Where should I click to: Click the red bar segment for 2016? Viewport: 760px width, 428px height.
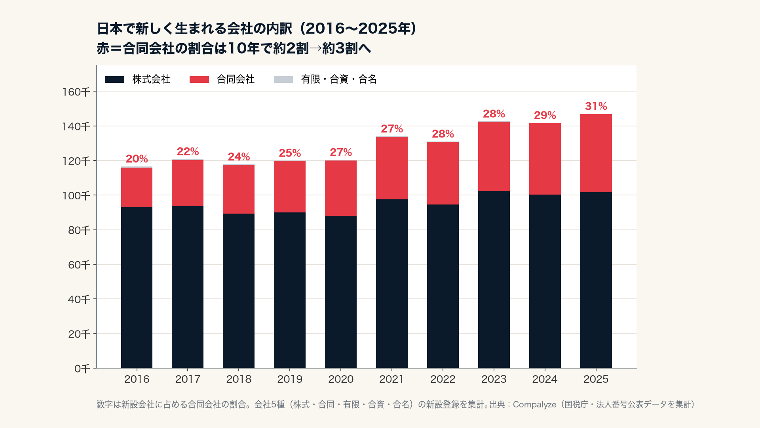pos(137,187)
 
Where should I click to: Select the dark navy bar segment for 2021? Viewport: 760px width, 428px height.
pos(392,284)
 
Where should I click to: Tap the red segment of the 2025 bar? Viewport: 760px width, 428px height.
pos(596,153)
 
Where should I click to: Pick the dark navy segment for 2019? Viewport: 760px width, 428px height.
pos(290,290)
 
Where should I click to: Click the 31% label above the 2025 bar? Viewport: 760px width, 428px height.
pos(596,106)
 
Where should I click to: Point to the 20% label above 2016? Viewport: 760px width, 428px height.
pos(137,159)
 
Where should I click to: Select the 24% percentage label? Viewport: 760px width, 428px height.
pos(239,157)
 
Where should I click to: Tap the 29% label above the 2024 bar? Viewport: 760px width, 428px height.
pos(545,115)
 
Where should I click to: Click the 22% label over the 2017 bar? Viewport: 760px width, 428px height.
pos(188,152)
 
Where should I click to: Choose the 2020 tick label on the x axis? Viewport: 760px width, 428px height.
pos(341,379)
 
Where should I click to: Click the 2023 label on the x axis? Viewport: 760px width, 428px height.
pos(494,379)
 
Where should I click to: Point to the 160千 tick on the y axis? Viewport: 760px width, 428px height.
pos(76,92)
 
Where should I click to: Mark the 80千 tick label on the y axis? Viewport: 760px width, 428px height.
pos(79,230)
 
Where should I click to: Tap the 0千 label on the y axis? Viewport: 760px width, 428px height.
pos(82,369)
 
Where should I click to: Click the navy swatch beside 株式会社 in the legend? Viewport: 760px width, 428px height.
pos(115,80)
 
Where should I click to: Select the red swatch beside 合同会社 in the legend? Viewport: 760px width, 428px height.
pos(199,80)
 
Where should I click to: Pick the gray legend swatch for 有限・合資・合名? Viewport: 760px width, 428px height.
pos(283,80)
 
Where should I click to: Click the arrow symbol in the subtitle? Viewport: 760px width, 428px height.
pos(315,49)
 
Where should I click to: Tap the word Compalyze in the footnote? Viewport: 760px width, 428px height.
pos(534,405)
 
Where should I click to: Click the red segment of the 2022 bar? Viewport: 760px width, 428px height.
pos(443,173)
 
